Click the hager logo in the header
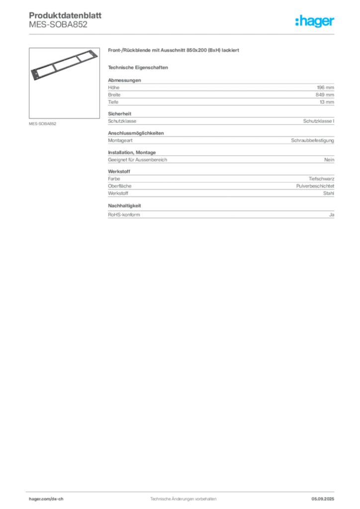pyautogui.click(x=315, y=21)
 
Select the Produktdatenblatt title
pyautogui.click(x=65, y=15)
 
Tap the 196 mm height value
pyautogui.click(x=325, y=87)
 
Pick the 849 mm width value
pyautogui.click(x=325, y=95)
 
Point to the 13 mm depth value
pyautogui.click(x=327, y=102)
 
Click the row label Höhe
pyautogui.click(x=113, y=87)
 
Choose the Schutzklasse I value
pyautogui.click(x=318, y=121)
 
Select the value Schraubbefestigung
pyautogui.click(x=312, y=141)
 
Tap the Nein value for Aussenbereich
pyautogui.click(x=329, y=160)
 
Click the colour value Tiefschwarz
pyautogui.click(x=321, y=179)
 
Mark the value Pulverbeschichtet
pyautogui.click(x=315, y=186)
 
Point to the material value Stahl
pyautogui.click(x=329, y=193)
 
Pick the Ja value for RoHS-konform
pyautogui.click(x=332, y=215)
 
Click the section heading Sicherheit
pyautogui.click(x=119, y=114)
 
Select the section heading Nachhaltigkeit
pyautogui.click(x=124, y=206)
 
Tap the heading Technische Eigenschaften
pyautogui.click(x=138, y=68)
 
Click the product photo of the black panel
pyautogui.click(x=64, y=65)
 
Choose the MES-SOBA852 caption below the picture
pyautogui.click(x=43, y=124)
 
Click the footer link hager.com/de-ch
pyautogui.click(x=46, y=499)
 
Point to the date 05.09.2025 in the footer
pyautogui.click(x=323, y=499)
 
